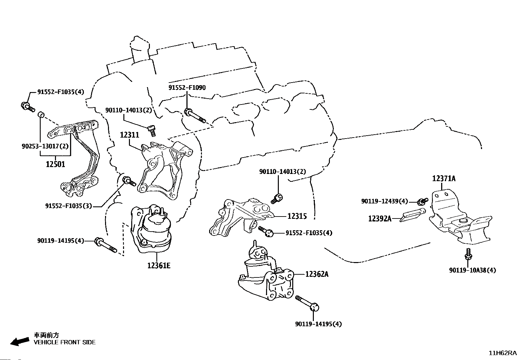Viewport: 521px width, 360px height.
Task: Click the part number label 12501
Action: (x=55, y=164)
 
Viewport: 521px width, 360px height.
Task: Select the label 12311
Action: (x=129, y=135)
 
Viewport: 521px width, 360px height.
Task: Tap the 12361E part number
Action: (x=159, y=265)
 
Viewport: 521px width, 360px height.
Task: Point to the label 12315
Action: (x=297, y=216)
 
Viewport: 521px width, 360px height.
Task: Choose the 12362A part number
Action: (x=316, y=274)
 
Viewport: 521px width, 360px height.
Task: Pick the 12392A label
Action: (x=380, y=218)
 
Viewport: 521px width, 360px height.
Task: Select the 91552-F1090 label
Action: (x=187, y=87)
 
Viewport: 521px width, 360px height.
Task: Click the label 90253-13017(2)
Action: (x=45, y=146)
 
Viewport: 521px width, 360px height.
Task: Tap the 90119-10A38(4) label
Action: (x=473, y=270)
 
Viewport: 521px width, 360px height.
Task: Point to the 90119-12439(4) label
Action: (x=385, y=201)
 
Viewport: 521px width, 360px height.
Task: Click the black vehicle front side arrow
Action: (x=19, y=341)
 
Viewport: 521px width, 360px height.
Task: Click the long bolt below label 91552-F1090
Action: (x=195, y=116)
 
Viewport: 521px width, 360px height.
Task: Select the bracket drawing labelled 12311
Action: (x=164, y=167)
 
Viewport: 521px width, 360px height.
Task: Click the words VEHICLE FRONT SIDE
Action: (x=65, y=342)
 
